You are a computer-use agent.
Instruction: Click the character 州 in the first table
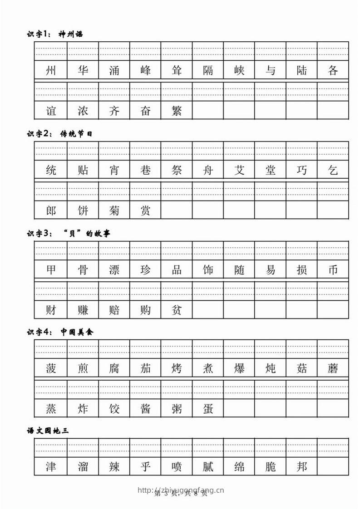click(x=51, y=71)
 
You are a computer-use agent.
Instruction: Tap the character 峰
click(x=145, y=71)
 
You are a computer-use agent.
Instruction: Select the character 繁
click(x=177, y=111)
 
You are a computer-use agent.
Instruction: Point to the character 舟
click(x=208, y=171)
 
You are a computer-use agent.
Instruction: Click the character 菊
click(x=114, y=210)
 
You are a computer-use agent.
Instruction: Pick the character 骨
click(x=83, y=270)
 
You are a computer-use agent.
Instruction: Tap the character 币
click(x=333, y=270)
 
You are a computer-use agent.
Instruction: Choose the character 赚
click(x=83, y=310)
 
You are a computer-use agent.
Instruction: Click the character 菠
click(x=51, y=368)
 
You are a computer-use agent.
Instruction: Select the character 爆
click(x=239, y=368)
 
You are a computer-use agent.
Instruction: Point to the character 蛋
click(x=208, y=409)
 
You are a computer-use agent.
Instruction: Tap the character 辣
click(x=114, y=467)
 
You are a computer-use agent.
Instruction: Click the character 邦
click(x=301, y=467)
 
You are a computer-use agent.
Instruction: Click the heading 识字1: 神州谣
click(x=55, y=34)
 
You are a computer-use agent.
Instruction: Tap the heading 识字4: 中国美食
click(x=60, y=333)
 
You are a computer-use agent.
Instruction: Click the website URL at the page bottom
click(x=180, y=490)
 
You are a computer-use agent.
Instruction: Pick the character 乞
click(x=333, y=171)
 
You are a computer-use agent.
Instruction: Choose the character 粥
click(x=177, y=409)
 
